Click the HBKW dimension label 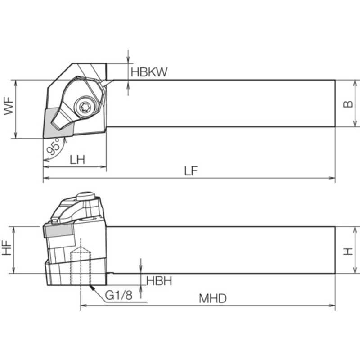click(x=149, y=72)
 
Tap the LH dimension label click(x=77, y=160)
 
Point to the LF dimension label click(x=191, y=171)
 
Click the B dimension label click(x=348, y=104)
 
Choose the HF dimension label click(x=7, y=248)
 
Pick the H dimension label click(x=348, y=251)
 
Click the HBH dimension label click(x=159, y=281)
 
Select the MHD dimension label click(x=212, y=298)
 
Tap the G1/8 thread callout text click(x=119, y=295)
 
